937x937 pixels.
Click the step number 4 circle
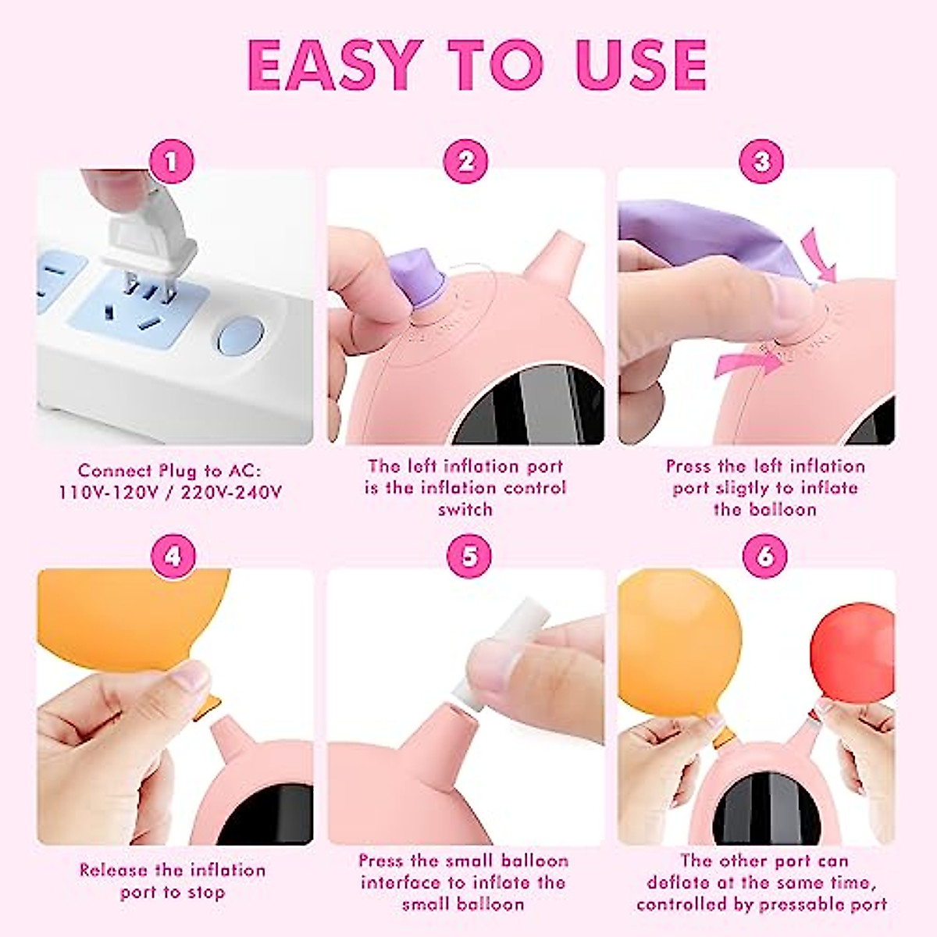click(173, 556)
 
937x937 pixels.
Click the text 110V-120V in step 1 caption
click(110, 493)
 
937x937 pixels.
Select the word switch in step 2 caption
click(465, 509)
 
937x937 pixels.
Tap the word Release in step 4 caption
click(114, 870)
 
